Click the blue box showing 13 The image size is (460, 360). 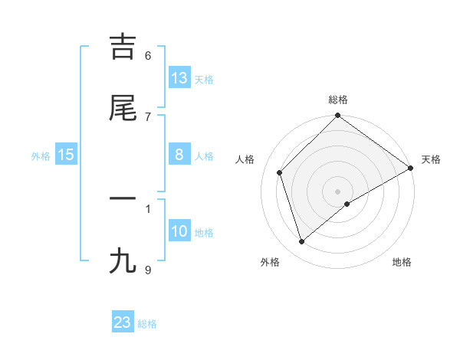[179, 78]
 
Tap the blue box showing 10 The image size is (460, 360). [179, 231]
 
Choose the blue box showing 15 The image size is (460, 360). [66, 155]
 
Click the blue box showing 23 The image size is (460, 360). [123, 322]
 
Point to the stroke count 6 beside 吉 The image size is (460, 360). [148, 56]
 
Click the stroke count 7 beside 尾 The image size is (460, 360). [148, 116]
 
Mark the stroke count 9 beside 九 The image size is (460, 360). [148, 270]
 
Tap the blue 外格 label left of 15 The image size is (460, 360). [41, 156]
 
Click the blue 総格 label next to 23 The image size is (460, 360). [147, 324]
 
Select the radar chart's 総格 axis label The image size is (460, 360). [338, 100]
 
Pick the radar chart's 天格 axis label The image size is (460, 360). [431, 159]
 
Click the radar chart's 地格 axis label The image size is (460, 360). [402, 262]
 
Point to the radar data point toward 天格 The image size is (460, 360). [410, 169]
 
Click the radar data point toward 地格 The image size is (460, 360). [347, 204]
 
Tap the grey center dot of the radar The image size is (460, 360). [337, 191]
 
